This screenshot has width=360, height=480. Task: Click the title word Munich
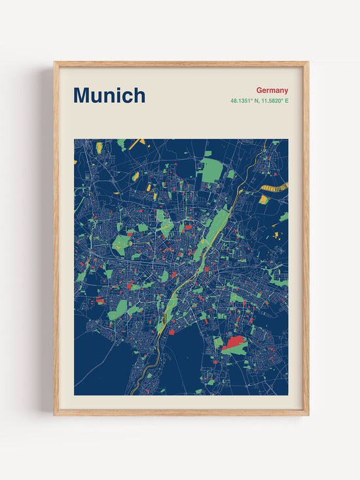pyautogui.click(x=109, y=96)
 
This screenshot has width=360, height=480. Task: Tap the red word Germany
pyautogui.click(x=272, y=90)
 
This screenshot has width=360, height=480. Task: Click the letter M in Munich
pyautogui.click(x=82, y=96)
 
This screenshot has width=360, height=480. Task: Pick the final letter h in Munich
pyautogui.click(x=139, y=96)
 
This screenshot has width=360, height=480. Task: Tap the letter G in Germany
pyautogui.click(x=259, y=90)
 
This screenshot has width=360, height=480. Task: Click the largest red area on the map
pyautogui.click(x=235, y=342)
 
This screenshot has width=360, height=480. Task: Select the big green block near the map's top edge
pyautogui.click(x=211, y=170)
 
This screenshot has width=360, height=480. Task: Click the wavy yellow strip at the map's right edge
pyautogui.click(x=274, y=189)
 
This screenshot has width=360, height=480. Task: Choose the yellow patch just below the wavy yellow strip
pyautogui.click(x=263, y=199)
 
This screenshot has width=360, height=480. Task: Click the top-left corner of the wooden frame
pyautogui.click(x=55, y=63)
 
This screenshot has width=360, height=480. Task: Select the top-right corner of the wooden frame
pyautogui.click(x=308, y=63)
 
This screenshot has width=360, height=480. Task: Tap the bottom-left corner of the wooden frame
pyautogui.click(x=55, y=415)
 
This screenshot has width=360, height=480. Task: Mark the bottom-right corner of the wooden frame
pyautogui.click(x=308, y=415)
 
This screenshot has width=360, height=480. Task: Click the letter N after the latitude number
pyautogui.click(x=254, y=101)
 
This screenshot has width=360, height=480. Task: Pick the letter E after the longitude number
pyautogui.click(x=286, y=101)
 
